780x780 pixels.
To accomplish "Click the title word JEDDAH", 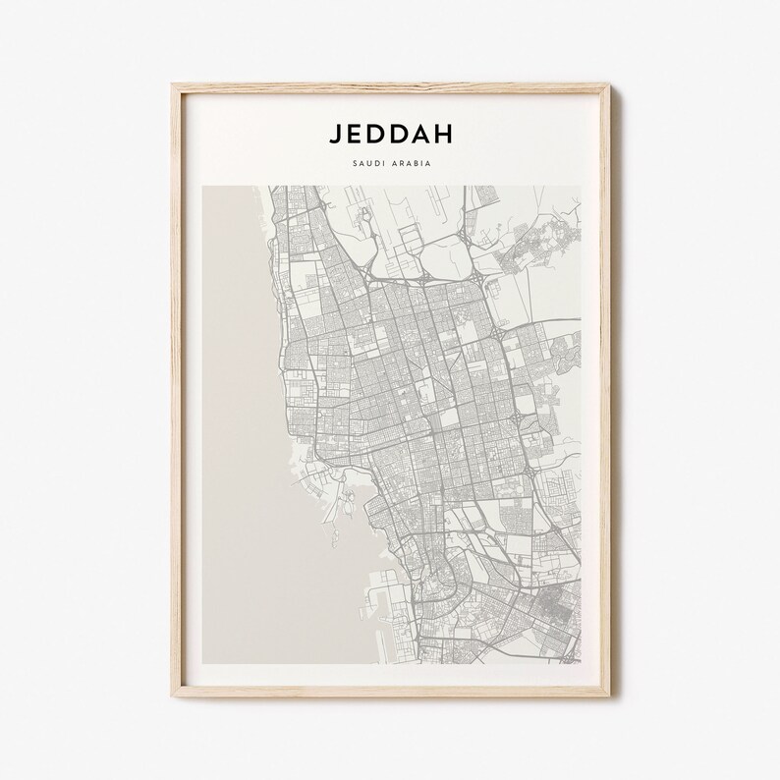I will coord(390,134).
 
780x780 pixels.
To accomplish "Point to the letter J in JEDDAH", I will coord(335,134).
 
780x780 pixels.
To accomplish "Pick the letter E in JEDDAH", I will coord(356,134).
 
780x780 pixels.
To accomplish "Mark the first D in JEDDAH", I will coord(377,134).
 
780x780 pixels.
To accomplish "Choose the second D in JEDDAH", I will coord(400,134).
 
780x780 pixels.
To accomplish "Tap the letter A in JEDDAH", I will coord(422,134).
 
